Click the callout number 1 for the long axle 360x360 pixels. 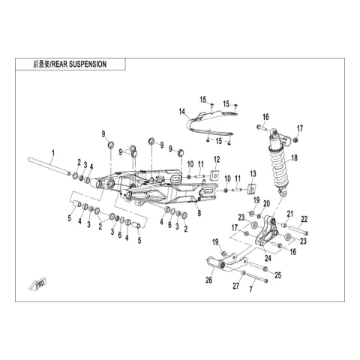click(52, 153)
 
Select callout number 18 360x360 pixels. click(295, 158)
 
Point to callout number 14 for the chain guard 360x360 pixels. click(182, 112)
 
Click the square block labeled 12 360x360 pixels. click(214, 175)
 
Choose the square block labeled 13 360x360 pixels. click(252, 189)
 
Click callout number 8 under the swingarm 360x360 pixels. click(199, 213)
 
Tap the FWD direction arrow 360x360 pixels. click(37, 285)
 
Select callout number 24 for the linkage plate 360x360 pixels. click(268, 258)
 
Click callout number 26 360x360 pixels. click(209, 280)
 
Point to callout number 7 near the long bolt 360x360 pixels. click(250, 289)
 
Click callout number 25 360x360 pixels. click(278, 275)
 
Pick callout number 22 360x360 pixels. click(304, 219)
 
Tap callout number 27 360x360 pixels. click(236, 286)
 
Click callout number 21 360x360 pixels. click(289, 214)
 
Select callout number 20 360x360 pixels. click(266, 204)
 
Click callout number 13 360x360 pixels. click(253, 174)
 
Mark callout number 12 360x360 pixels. click(217, 160)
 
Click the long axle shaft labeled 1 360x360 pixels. click(49, 166)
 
